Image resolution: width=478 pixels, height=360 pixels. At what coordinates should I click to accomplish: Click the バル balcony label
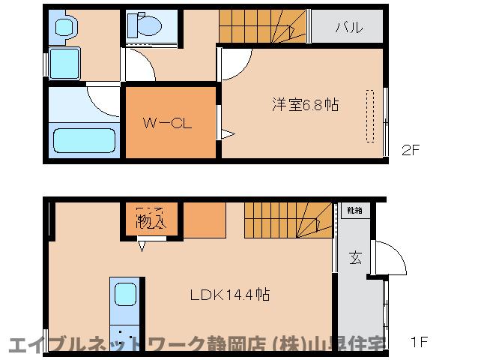click(x=348, y=28)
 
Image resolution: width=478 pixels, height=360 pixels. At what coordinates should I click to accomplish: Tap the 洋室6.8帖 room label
click(x=305, y=105)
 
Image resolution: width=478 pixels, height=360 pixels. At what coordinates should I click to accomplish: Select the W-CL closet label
click(x=169, y=122)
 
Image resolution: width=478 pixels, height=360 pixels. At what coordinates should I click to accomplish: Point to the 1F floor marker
click(x=419, y=343)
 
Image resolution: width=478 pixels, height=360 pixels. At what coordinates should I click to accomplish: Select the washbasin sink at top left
click(x=65, y=27)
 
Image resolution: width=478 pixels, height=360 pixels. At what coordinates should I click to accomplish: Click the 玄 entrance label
click(x=354, y=259)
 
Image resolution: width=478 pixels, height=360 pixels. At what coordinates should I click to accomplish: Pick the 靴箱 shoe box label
click(x=354, y=211)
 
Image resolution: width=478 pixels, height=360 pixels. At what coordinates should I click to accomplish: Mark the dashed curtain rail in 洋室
click(x=369, y=115)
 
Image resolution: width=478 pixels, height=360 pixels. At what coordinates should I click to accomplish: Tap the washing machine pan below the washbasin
click(x=65, y=64)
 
